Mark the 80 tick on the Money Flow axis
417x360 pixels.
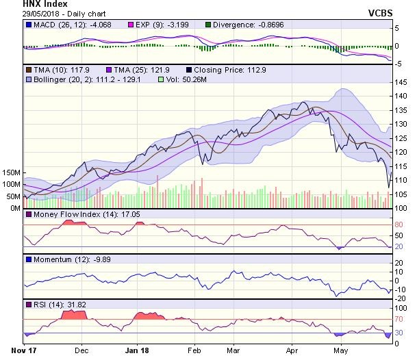pos(397,224)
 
